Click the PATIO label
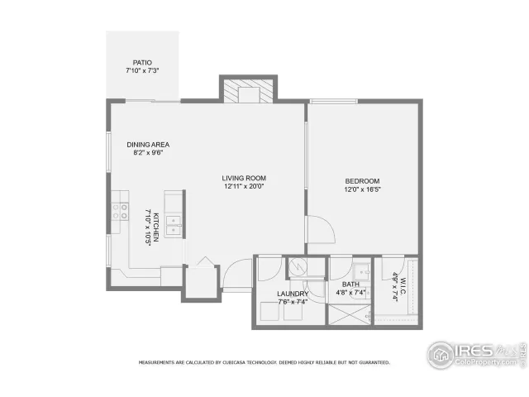click(142, 63)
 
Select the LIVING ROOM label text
click(244, 178)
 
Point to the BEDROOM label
click(362, 181)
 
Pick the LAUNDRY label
click(293, 294)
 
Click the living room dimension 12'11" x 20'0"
click(244, 187)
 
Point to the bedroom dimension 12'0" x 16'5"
click(362, 190)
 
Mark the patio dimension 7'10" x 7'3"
click(142, 72)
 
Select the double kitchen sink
click(173, 223)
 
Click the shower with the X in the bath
click(348, 313)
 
